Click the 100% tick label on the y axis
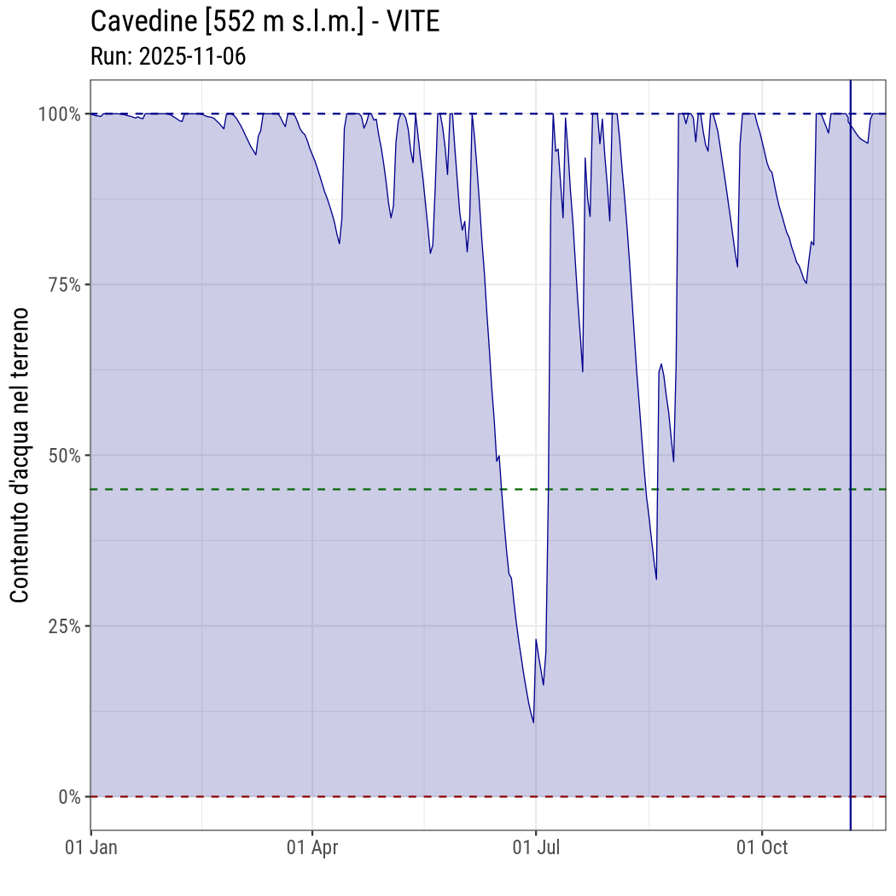[60, 113]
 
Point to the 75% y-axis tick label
[63, 284]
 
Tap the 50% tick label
[63, 455]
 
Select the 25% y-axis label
[63, 625]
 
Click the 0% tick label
[68, 796]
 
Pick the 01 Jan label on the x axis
[91, 847]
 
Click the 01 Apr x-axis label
[312, 847]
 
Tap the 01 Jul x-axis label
[536, 847]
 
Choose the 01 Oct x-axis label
[762, 847]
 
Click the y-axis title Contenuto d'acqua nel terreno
[20, 455]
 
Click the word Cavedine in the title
[141, 21]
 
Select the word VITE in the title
[413, 21]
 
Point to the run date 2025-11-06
[192, 56]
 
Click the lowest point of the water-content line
[533, 723]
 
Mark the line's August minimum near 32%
[656, 579]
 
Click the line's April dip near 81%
[340, 243]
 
